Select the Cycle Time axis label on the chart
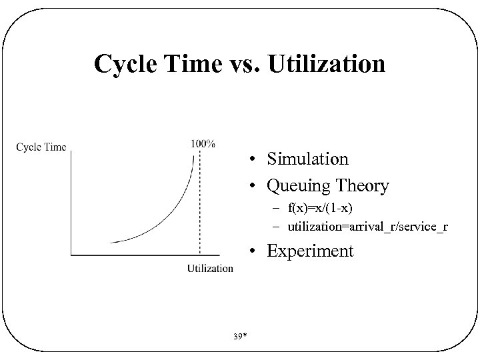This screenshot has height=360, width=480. coord(41,147)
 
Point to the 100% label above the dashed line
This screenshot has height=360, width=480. coord(202,143)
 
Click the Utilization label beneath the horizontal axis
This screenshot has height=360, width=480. coord(210,268)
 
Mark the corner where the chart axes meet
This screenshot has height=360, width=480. coord(71,254)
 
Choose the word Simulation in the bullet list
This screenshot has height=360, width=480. coord(307,159)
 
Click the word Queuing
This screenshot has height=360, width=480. coord(298,186)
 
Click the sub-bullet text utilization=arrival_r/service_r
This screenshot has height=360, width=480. coord(367,227)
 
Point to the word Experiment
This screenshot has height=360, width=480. coord(310,251)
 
